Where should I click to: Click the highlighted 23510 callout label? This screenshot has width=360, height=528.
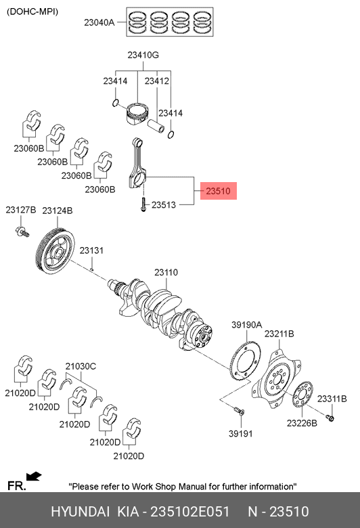(x=218, y=191)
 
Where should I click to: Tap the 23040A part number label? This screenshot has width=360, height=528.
(x=99, y=22)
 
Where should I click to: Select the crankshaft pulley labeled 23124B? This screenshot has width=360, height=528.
(x=55, y=251)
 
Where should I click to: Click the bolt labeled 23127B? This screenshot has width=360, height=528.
(x=22, y=232)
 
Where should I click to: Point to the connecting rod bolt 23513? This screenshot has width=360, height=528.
(x=143, y=204)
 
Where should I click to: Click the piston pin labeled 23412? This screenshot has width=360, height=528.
(x=156, y=126)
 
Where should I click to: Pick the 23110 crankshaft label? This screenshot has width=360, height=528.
(x=166, y=272)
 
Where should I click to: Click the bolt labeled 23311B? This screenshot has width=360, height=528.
(x=330, y=418)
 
